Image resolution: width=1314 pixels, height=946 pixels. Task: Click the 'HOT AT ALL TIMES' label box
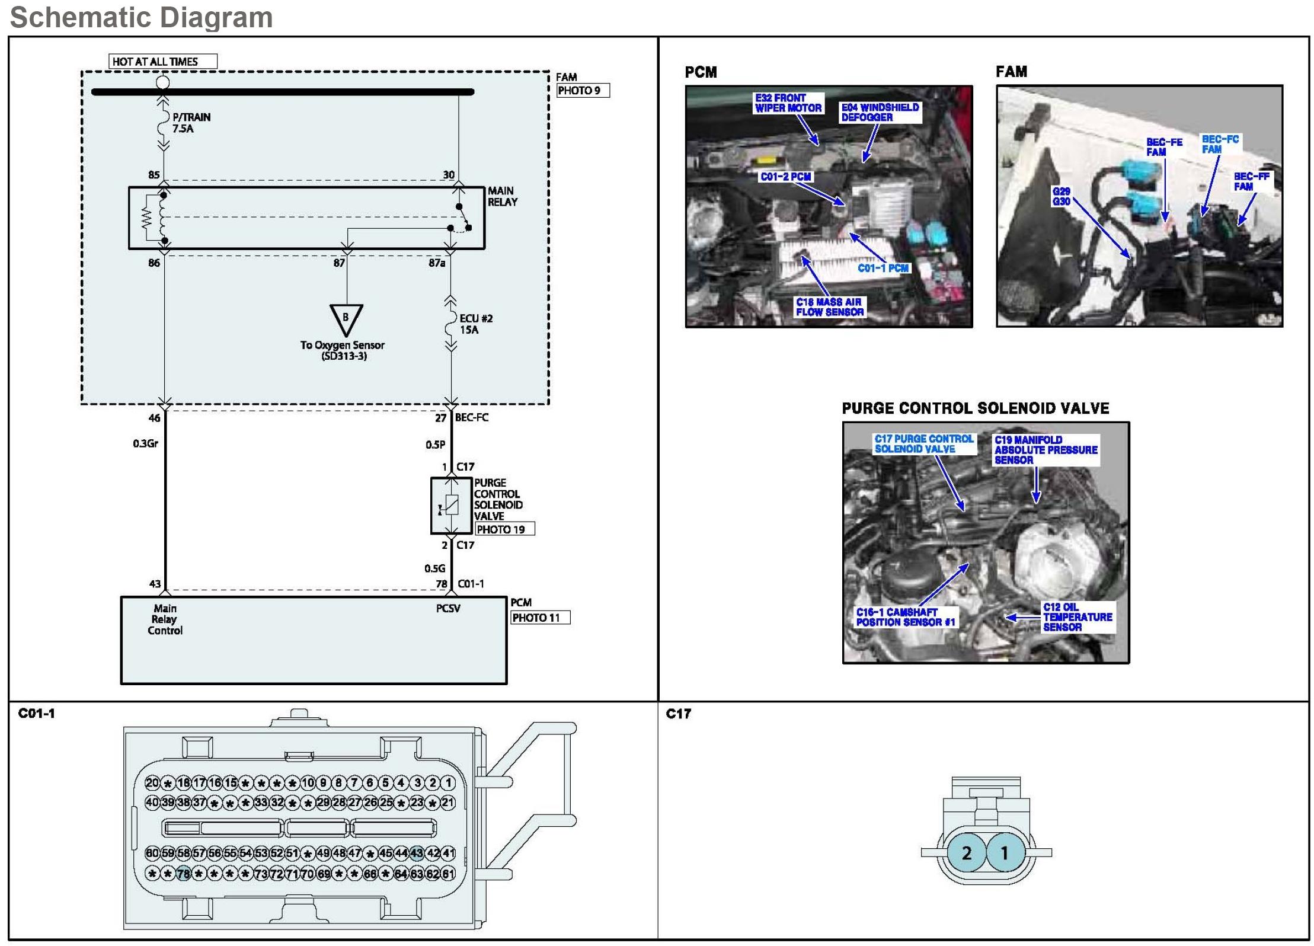point(162,62)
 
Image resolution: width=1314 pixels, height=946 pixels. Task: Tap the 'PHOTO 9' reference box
point(582,91)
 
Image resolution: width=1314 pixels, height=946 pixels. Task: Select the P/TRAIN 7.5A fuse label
point(191,123)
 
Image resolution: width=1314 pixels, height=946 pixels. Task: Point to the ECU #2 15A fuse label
point(475,324)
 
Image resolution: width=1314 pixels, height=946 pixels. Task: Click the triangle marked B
point(346,318)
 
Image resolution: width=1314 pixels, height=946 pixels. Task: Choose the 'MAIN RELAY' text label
point(502,196)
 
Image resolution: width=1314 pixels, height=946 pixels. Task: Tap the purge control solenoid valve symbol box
point(451,506)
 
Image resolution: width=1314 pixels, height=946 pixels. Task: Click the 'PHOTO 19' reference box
point(504,529)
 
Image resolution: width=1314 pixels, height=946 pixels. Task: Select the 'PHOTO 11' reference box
point(539,618)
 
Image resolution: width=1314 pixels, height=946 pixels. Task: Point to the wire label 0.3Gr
point(145,443)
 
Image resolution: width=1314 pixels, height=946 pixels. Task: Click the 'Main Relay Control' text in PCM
point(165,619)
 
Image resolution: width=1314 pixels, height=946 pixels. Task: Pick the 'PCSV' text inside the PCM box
point(448,609)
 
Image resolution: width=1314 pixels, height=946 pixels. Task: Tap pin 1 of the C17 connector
point(1004,853)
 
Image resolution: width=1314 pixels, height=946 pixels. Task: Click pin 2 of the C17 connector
point(967,853)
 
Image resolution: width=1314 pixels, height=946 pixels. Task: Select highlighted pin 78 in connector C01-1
point(183,874)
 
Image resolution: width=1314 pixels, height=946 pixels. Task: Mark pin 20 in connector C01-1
point(152,783)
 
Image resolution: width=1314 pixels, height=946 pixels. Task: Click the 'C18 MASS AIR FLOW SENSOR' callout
point(829,307)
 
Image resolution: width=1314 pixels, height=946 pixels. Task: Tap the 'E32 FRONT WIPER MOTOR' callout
point(788,103)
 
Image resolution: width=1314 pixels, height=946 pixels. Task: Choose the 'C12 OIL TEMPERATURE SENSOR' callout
point(1077,617)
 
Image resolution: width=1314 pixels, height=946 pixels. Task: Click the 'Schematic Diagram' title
point(142,17)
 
